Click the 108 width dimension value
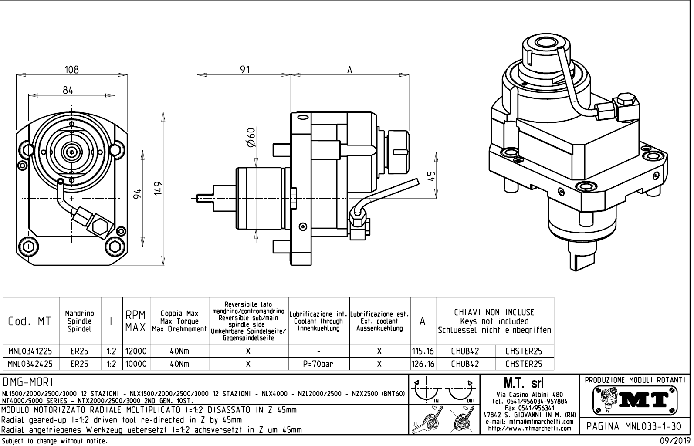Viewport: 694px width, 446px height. tap(71, 69)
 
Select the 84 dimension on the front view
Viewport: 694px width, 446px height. tap(68, 90)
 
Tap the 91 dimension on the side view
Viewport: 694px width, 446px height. tap(245, 69)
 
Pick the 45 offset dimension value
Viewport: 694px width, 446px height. tap(431, 176)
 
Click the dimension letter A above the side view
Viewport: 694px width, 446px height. tap(349, 70)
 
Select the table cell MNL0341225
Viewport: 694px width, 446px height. tap(30, 351)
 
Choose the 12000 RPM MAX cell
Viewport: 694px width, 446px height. tap(136, 351)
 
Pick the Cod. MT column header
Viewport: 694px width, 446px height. tap(30, 321)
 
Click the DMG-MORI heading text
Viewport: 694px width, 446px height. tap(27, 382)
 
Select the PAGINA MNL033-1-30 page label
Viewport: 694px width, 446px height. tap(635, 426)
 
